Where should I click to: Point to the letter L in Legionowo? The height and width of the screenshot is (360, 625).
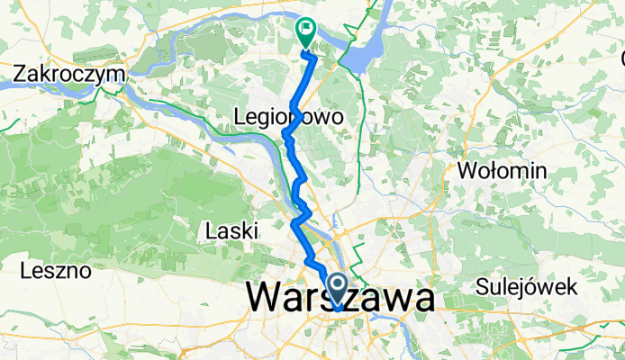click(x=239, y=116)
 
